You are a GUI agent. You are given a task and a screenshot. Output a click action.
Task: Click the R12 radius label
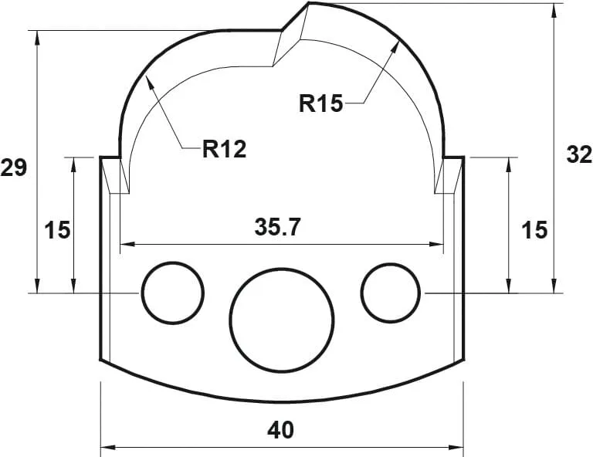click(224, 148)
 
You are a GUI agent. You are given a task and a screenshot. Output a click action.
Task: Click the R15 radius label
click(320, 103)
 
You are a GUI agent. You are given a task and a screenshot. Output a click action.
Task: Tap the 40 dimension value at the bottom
click(282, 429)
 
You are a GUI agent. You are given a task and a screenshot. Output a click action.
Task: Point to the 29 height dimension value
click(14, 168)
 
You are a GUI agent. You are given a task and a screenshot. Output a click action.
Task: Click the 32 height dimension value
click(579, 154)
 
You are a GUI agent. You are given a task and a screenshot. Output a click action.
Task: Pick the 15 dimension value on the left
click(57, 229)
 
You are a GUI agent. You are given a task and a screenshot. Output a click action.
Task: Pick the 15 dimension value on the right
click(534, 229)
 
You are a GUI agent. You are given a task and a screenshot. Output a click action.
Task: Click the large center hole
click(282, 317)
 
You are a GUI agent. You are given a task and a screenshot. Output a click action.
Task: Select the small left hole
click(172, 293)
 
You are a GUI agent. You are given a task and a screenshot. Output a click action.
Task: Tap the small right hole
click(391, 293)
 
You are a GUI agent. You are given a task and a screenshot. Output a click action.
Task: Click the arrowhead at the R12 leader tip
click(151, 81)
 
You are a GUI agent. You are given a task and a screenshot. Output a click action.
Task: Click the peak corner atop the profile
click(308, 4)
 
